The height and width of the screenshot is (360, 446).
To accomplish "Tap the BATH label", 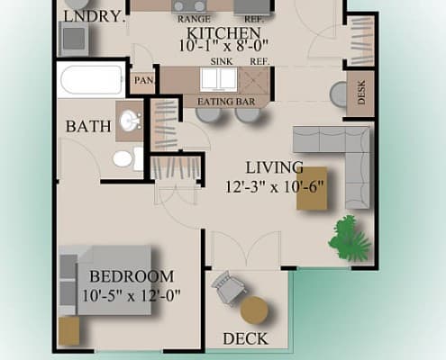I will click(x=88, y=127).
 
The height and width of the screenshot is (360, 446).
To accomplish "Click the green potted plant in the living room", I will click(x=350, y=235).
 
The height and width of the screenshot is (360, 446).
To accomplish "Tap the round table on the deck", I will click(x=255, y=310).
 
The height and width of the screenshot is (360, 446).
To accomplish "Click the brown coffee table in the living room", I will click(x=313, y=188).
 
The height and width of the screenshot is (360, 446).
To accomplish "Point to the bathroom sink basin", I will click(x=132, y=121).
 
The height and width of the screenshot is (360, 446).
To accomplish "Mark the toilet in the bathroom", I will click(x=123, y=158).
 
